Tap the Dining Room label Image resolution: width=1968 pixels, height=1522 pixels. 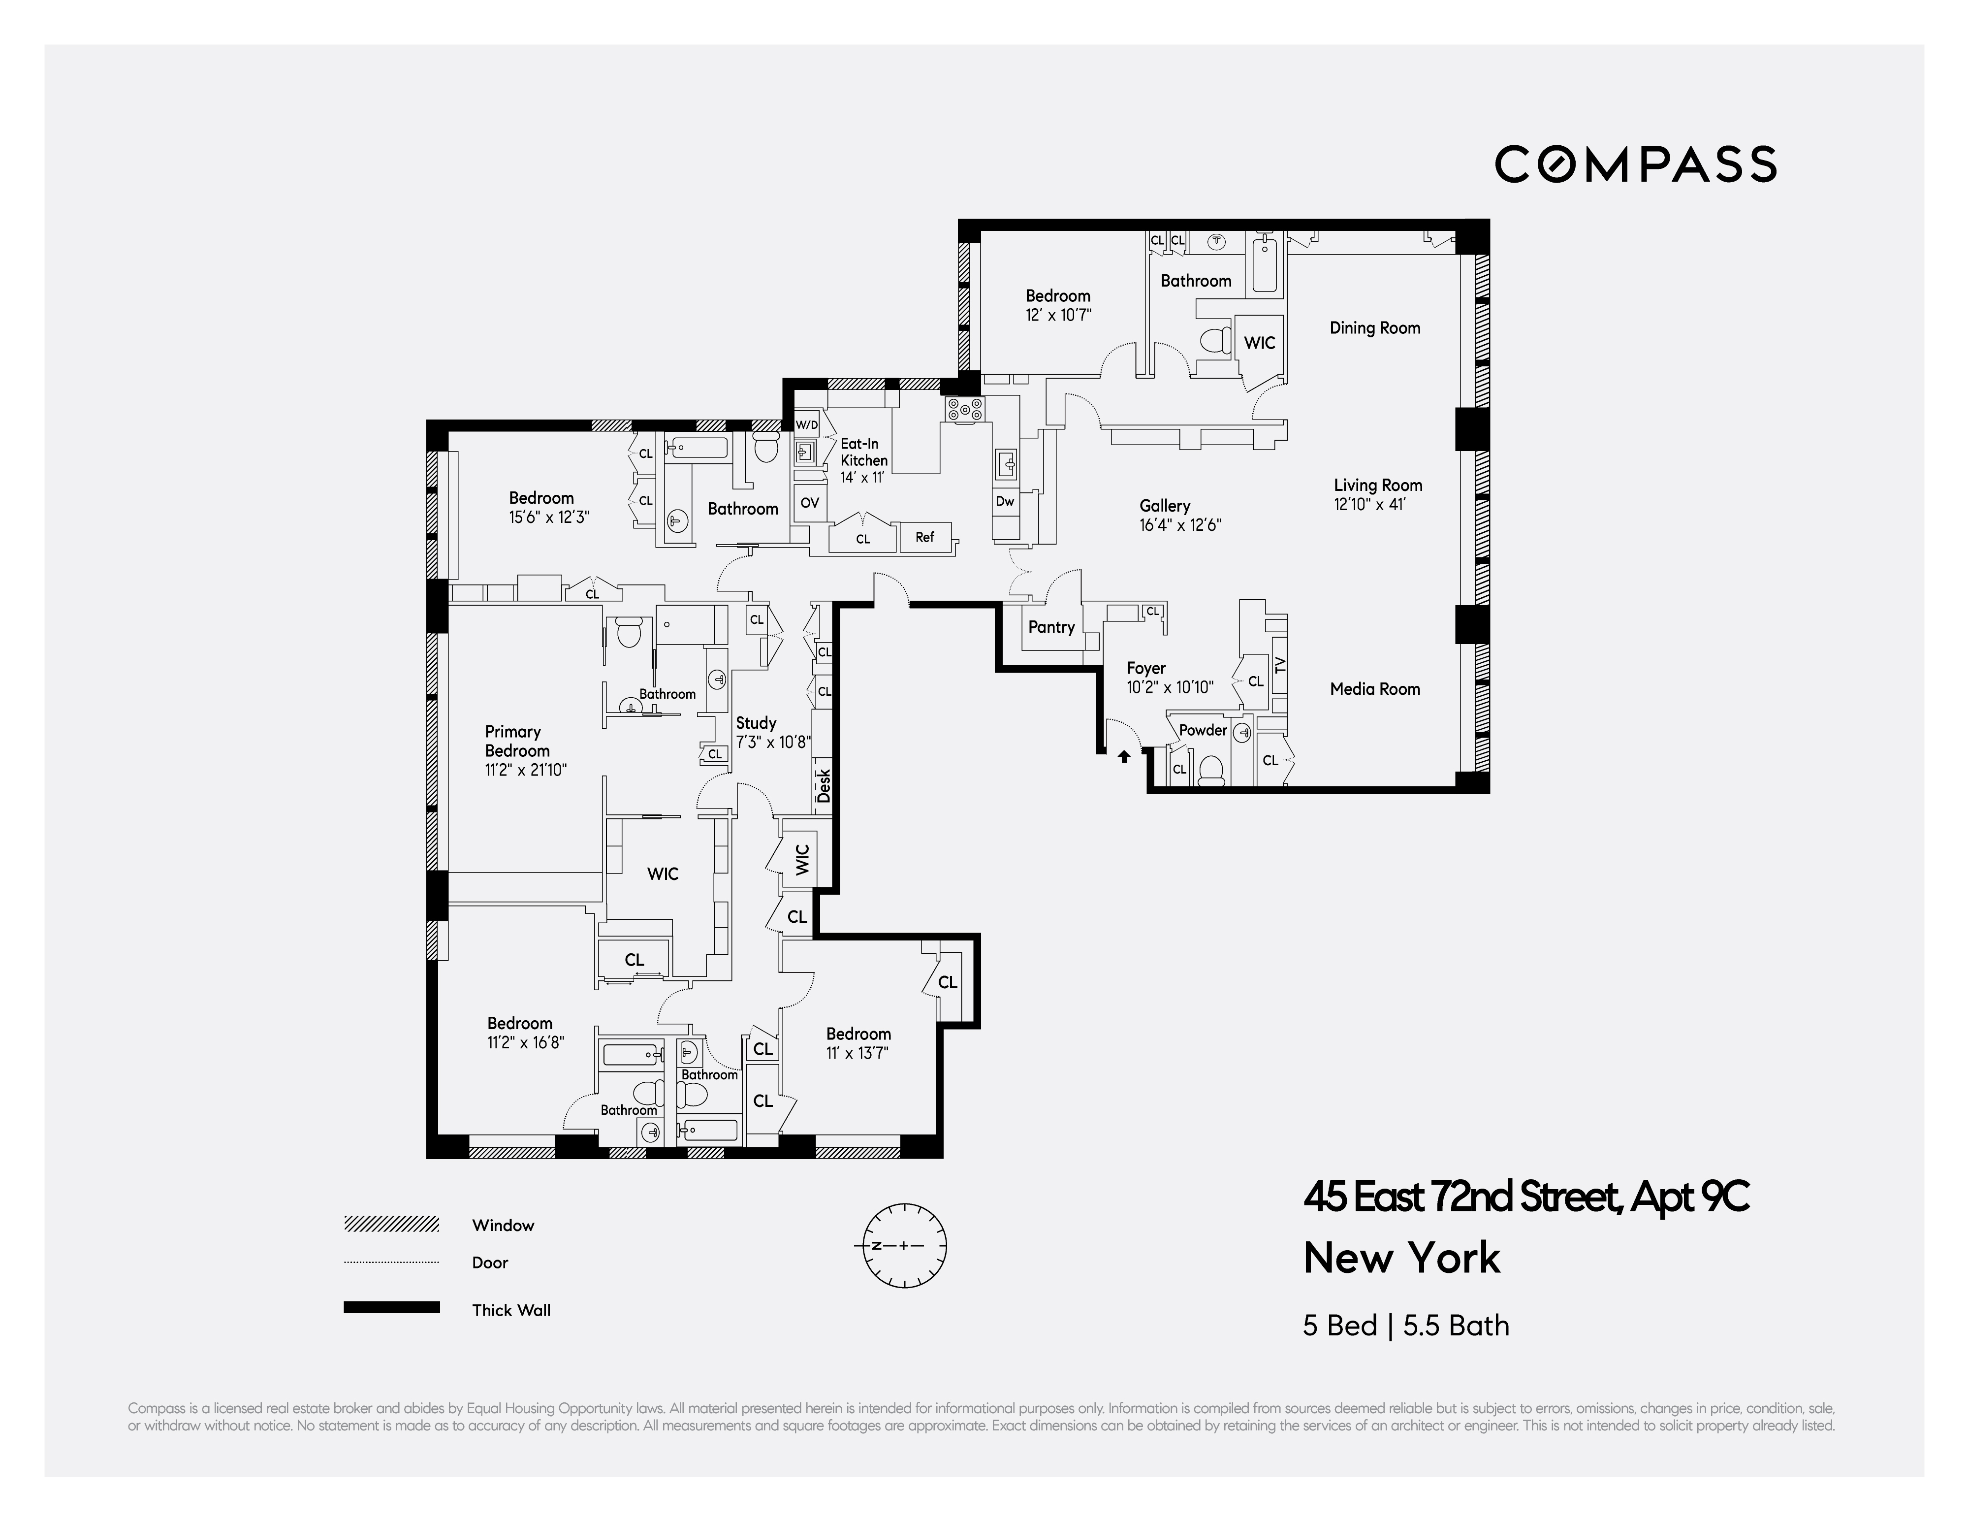(1374, 328)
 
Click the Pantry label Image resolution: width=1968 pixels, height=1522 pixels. (1050, 627)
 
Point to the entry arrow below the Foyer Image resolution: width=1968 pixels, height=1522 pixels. (1124, 757)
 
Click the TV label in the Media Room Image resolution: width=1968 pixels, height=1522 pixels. (1280, 665)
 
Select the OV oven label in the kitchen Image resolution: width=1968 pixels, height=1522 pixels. (809, 503)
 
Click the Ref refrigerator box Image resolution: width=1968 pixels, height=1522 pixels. (924, 537)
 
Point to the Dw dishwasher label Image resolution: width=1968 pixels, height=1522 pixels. (1005, 502)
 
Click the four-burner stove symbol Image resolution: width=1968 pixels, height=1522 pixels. (964, 410)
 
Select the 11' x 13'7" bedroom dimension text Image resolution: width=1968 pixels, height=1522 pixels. (857, 1053)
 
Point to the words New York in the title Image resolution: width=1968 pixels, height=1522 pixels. (1401, 1258)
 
